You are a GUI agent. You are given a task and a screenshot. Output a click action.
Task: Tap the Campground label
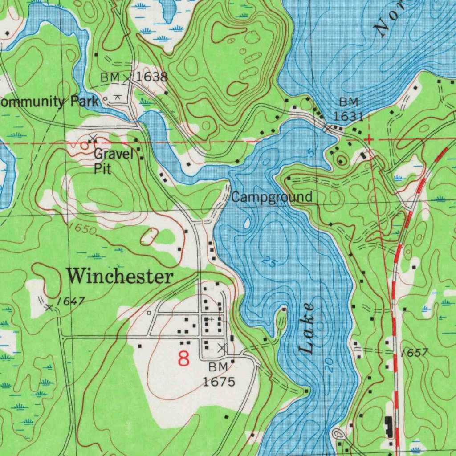pyautogui.click(x=272, y=197)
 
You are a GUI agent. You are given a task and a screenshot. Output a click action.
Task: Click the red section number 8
pyautogui.click(x=183, y=358)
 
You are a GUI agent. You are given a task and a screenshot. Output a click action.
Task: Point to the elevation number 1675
pyautogui.click(x=219, y=382)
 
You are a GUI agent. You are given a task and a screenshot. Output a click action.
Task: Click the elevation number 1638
pyautogui.click(x=152, y=77)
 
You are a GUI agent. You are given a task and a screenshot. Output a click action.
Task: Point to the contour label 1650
pyautogui.click(x=83, y=229)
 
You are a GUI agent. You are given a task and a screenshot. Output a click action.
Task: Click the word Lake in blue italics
pyautogui.click(x=307, y=328)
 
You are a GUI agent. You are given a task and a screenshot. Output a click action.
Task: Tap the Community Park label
pyautogui.click(x=48, y=102)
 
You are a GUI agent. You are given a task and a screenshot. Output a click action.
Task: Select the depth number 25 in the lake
pyautogui.click(x=268, y=262)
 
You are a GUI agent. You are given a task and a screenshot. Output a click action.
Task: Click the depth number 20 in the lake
pyautogui.click(x=329, y=365)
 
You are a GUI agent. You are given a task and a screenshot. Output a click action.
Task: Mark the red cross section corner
pyautogui.click(x=369, y=140)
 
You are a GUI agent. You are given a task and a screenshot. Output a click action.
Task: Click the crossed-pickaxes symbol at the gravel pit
pyautogui.click(x=93, y=138)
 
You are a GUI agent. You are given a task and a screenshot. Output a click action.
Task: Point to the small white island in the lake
pyautogui.click(x=247, y=223)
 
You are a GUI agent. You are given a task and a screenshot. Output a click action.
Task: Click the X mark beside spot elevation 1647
pyautogui.click(x=49, y=307)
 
